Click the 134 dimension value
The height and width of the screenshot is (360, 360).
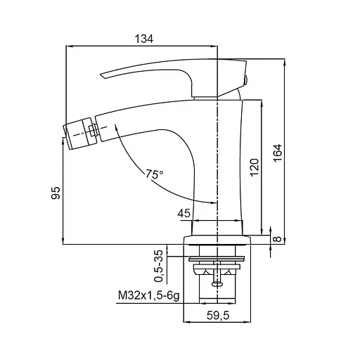tap(144, 39)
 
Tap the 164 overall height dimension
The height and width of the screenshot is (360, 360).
tap(278, 153)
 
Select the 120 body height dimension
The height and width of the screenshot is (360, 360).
tap(255, 167)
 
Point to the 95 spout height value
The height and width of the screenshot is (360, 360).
tap(56, 193)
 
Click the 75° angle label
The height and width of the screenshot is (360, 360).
tap(155, 174)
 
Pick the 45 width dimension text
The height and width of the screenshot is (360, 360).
tap(184, 213)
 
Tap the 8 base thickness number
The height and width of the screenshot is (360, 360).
tap(278, 238)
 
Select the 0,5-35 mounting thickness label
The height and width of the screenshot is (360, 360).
tap(158, 266)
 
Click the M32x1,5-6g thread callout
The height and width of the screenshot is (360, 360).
tap(149, 296)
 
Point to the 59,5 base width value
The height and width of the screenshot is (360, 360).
tap(218, 316)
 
